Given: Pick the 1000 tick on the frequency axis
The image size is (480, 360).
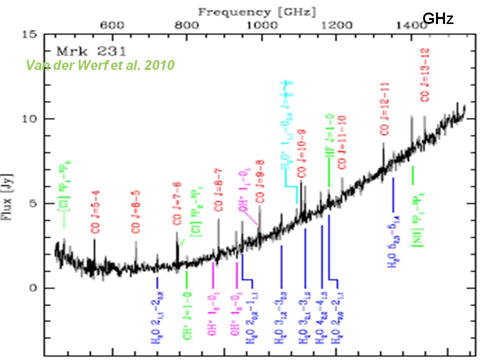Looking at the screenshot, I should (x=261, y=25).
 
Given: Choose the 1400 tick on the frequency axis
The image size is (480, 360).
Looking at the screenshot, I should (x=410, y=25).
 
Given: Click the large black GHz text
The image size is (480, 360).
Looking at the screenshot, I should (x=438, y=19).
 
